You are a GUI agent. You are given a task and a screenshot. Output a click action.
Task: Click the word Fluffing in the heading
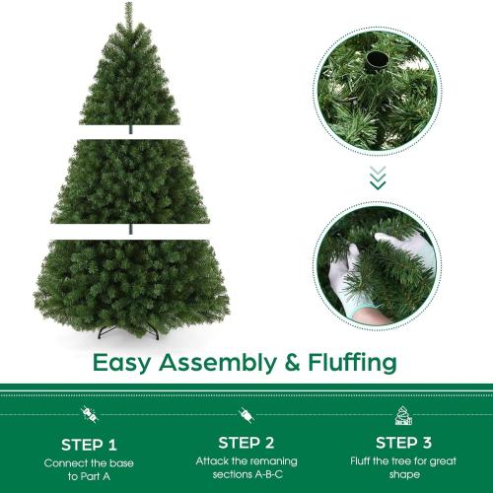[x=352, y=362]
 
